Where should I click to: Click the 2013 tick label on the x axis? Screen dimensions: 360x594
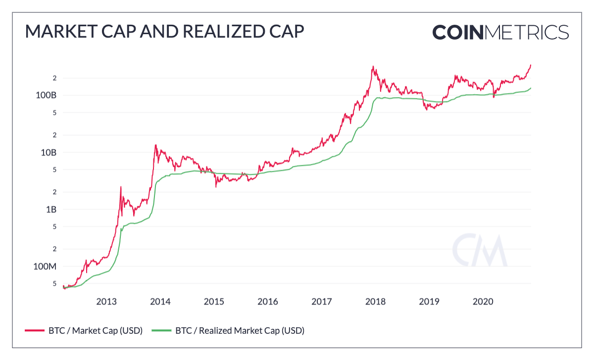point(106,301)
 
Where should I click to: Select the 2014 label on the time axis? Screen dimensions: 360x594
point(160,301)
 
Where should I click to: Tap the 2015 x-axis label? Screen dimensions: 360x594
point(214,301)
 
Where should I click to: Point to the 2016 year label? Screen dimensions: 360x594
point(268,301)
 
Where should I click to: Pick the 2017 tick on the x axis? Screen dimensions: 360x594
point(322,301)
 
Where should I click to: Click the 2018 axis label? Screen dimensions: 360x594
point(376,301)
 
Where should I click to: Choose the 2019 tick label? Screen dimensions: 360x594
point(429,301)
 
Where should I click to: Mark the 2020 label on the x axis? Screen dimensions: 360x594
point(483,301)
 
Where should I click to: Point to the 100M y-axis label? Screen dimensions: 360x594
point(45,266)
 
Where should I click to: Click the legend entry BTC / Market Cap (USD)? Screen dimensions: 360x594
point(84,330)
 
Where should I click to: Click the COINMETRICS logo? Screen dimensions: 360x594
point(500,32)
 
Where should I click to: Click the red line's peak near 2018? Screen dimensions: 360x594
point(373,66)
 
